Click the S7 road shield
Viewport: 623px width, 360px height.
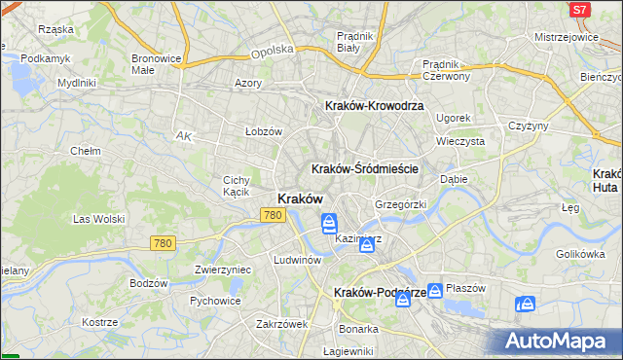580,9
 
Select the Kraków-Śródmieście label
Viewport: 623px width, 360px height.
365,168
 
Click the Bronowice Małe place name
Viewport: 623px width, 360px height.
156,64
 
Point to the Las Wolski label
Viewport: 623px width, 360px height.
99,219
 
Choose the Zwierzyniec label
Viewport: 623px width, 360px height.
223,270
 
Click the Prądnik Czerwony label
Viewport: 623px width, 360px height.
447,70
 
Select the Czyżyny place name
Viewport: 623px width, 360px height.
530,126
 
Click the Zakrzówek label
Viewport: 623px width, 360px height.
282,324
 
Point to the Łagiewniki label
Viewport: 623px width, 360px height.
348,351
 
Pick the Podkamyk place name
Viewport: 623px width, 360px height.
46,58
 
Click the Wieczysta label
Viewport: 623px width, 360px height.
461,141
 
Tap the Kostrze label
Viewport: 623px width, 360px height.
99,322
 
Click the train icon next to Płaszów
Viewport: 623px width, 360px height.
435,290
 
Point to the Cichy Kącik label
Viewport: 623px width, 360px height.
238,186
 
